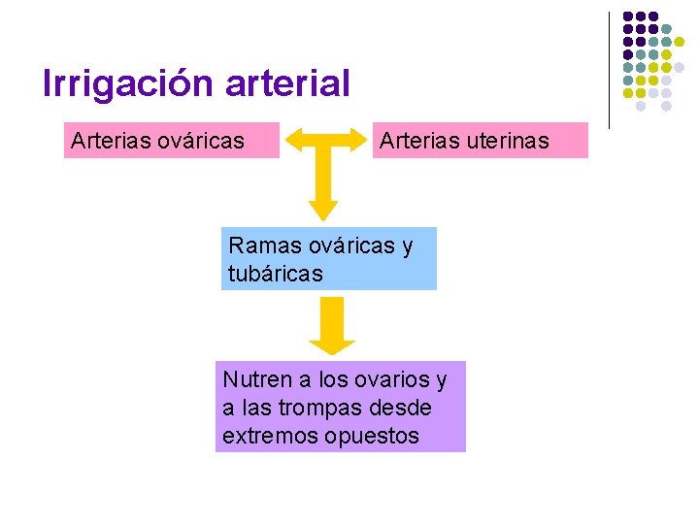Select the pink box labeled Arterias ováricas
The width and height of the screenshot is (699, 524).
[172, 141]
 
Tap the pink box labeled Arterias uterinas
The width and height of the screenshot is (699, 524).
[481, 141]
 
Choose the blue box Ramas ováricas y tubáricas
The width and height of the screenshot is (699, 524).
[328, 259]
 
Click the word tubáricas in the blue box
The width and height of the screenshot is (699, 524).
[275, 274]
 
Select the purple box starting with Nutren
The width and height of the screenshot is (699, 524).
[340, 407]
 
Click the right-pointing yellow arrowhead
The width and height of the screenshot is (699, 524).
[362, 141]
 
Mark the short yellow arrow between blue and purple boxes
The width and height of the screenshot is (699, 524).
[332, 325]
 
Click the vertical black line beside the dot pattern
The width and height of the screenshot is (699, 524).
[610, 70]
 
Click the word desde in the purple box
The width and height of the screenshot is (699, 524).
[407, 408]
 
